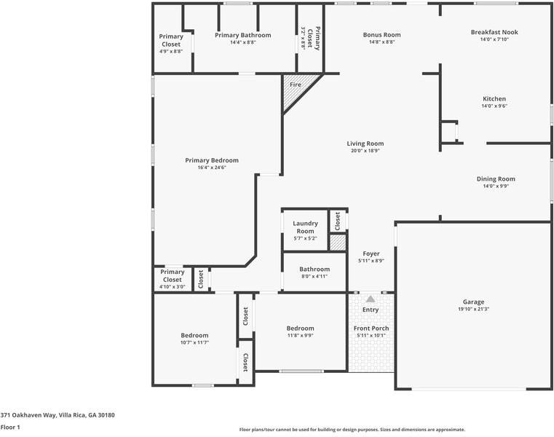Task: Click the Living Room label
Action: pos(365,143)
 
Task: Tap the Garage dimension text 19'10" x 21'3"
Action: pos(473,309)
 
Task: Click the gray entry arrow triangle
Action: pos(371,299)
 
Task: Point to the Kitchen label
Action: pos(494,99)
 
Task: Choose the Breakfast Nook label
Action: pos(494,32)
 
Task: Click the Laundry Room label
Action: pos(305,227)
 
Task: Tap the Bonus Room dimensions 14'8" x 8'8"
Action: pos(381,42)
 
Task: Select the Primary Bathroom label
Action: pos(243,36)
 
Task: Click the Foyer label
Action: pos(371,254)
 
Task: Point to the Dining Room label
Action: pos(496,179)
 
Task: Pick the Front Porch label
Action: pos(371,328)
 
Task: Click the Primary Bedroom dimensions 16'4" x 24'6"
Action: pos(212,168)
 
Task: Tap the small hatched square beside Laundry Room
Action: pos(338,243)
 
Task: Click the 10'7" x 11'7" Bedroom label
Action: pos(194,336)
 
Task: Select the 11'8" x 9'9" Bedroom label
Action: pos(301,328)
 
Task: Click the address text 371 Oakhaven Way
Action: pos(28,415)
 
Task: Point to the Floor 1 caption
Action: pos(10,427)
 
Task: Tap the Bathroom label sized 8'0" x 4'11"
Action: pos(314,269)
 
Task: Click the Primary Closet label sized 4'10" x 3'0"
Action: pos(173,276)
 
